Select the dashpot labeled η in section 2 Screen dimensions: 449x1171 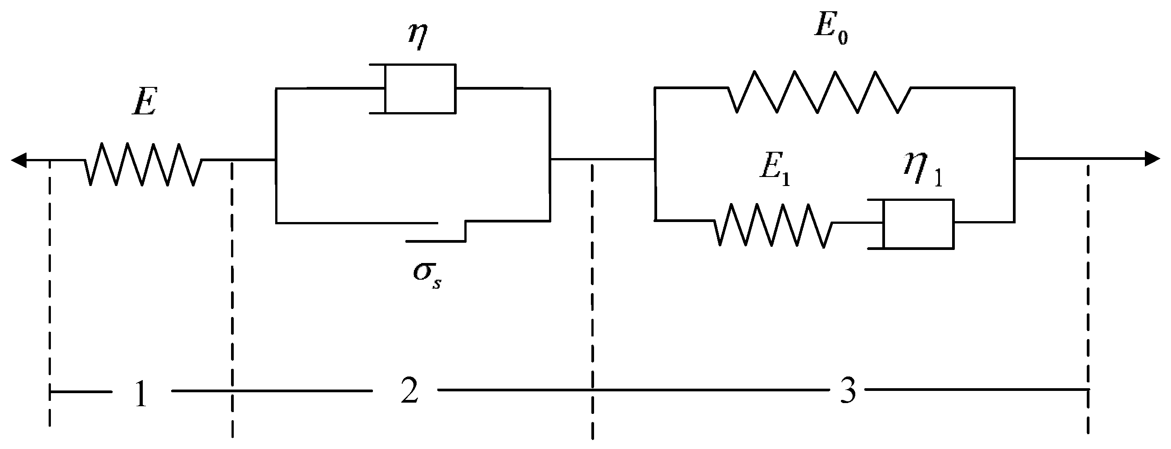coord(419,89)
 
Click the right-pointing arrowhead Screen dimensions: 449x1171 coord(1153,159)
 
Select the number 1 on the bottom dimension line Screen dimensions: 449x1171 coord(141,394)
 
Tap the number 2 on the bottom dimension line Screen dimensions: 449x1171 coord(409,391)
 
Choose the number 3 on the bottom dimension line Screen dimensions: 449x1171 coord(847,391)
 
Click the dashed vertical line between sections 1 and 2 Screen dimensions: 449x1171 coord(232,295)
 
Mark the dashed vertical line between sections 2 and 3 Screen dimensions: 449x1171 coord(592,295)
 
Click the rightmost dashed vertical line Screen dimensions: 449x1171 coord(1088,295)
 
